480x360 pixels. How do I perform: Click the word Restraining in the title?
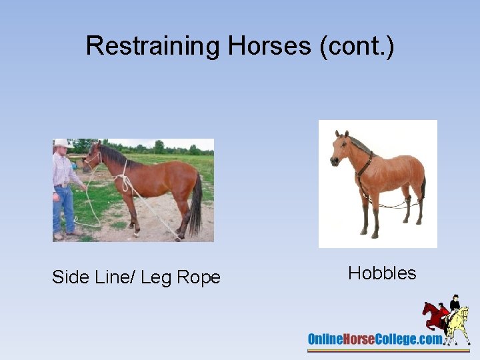[153, 46]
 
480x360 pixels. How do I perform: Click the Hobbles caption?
[382, 273]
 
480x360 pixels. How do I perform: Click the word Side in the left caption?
[70, 277]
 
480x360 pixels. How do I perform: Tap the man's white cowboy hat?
[63, 143]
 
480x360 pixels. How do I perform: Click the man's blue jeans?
[64, 209]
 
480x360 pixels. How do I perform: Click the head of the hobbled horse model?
[340, 150]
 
